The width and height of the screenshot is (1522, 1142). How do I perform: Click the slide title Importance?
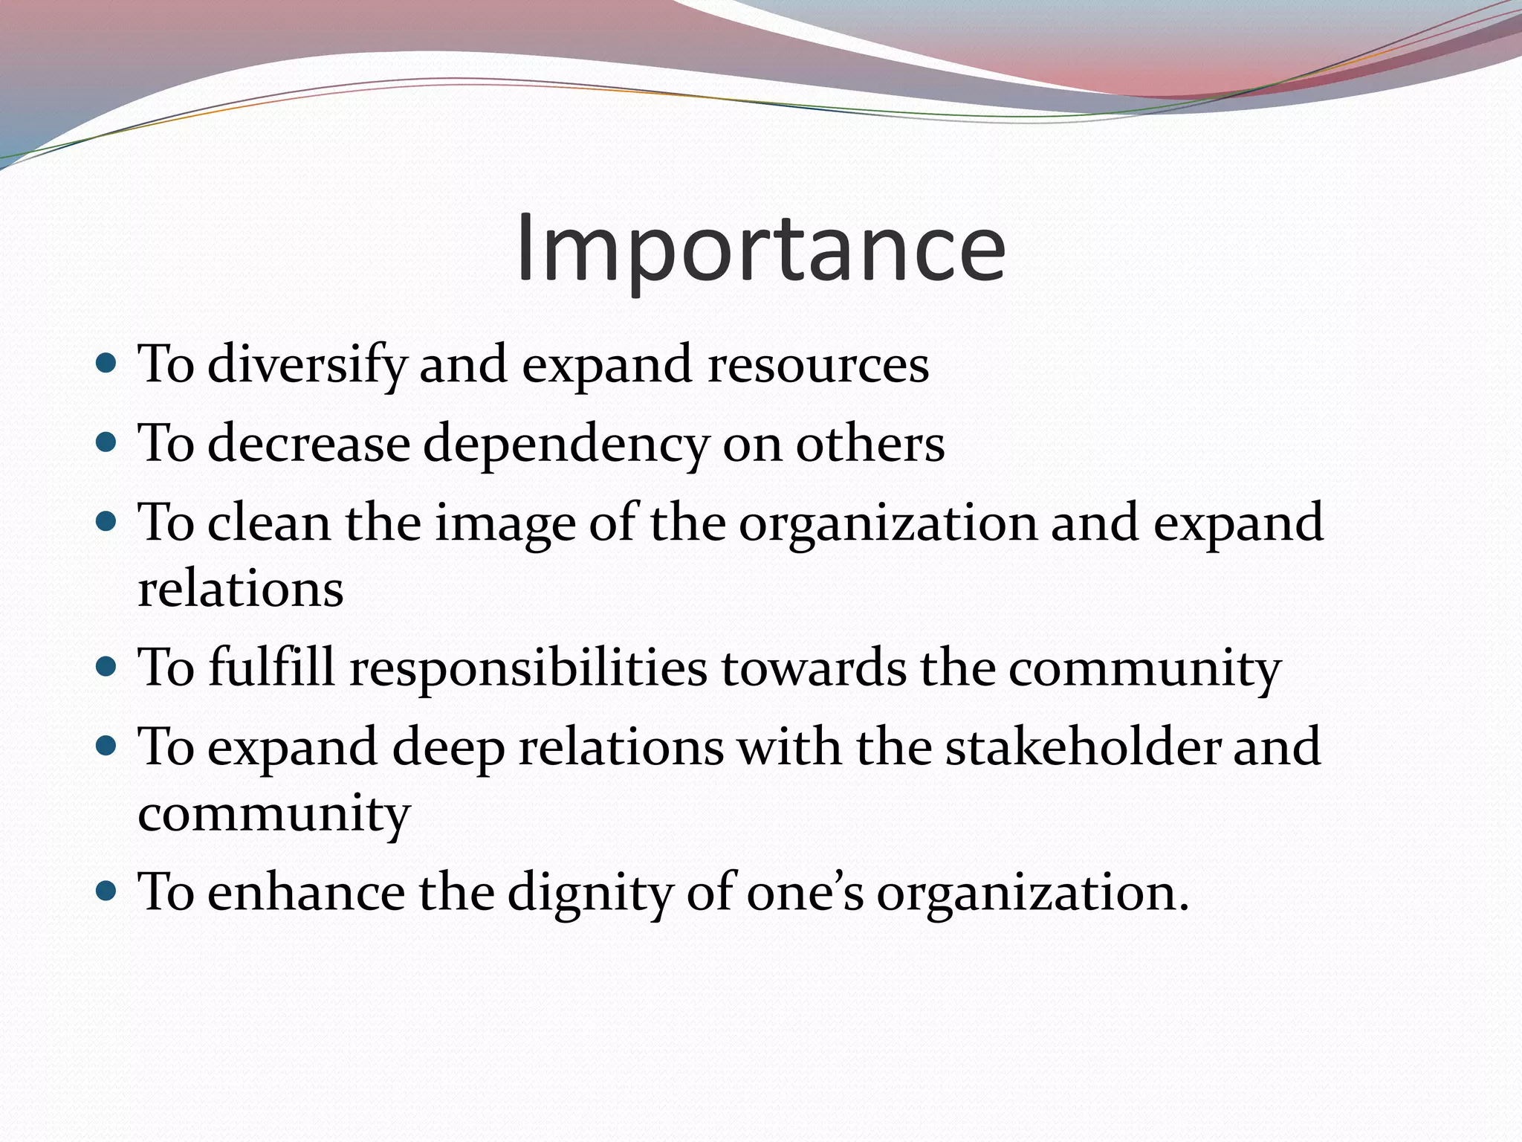[x=760, y=249]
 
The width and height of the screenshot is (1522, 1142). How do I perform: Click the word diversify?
[x=307, y=366]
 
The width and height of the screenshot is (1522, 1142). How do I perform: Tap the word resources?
[x=818, y=366]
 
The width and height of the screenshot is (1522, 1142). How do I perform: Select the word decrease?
[x=308, y=444]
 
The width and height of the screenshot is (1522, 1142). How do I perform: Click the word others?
[x=870, y=444]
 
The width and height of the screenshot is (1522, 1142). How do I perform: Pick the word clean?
[x=268, y=523]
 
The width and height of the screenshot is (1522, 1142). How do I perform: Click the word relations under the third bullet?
[x=241, y=589]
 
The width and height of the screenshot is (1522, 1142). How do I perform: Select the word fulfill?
[x=271, y=667]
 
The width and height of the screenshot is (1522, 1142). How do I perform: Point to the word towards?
[x=814, y=668]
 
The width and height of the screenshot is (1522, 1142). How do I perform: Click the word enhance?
[x=306, y=891]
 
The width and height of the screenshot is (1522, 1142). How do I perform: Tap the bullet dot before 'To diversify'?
[x=107, y=364]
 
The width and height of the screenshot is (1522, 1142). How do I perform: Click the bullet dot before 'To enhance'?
[x=107, y=889]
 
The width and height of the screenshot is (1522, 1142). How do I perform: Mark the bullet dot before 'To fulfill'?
[x=107, y=665]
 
